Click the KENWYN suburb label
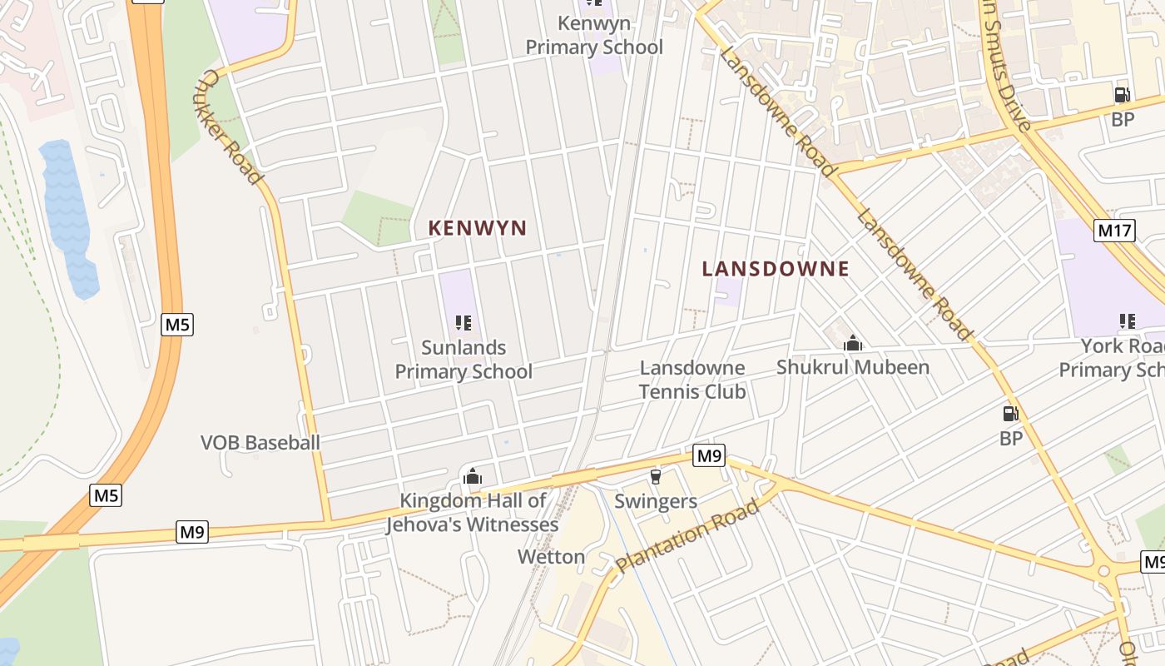pos(478,228)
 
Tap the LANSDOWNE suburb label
pos(775,269)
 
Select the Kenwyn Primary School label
pos(594,36)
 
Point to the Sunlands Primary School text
pos(464,360)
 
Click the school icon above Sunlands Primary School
pos(464,323)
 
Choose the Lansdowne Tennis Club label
pos(692,380)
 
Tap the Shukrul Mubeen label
pos(852,367)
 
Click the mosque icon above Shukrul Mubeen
pos(852,343)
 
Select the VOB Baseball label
pos(260,443)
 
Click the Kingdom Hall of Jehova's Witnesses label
pos(472,513)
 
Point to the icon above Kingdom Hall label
pos(473,477)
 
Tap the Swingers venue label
pos(655,501)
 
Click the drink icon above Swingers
pos(655,476)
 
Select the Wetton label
pos(551,556)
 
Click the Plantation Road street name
pos(687,536)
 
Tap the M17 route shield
pos(1114,231)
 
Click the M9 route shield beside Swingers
pos(709,455)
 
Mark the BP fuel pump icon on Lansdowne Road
pos(1010,413)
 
